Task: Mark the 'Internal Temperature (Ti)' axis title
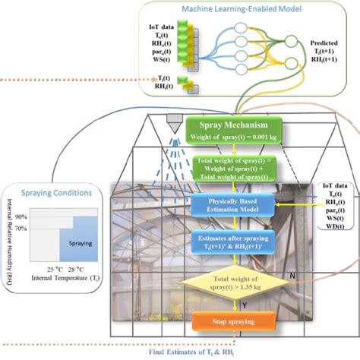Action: tap(67, 279)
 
